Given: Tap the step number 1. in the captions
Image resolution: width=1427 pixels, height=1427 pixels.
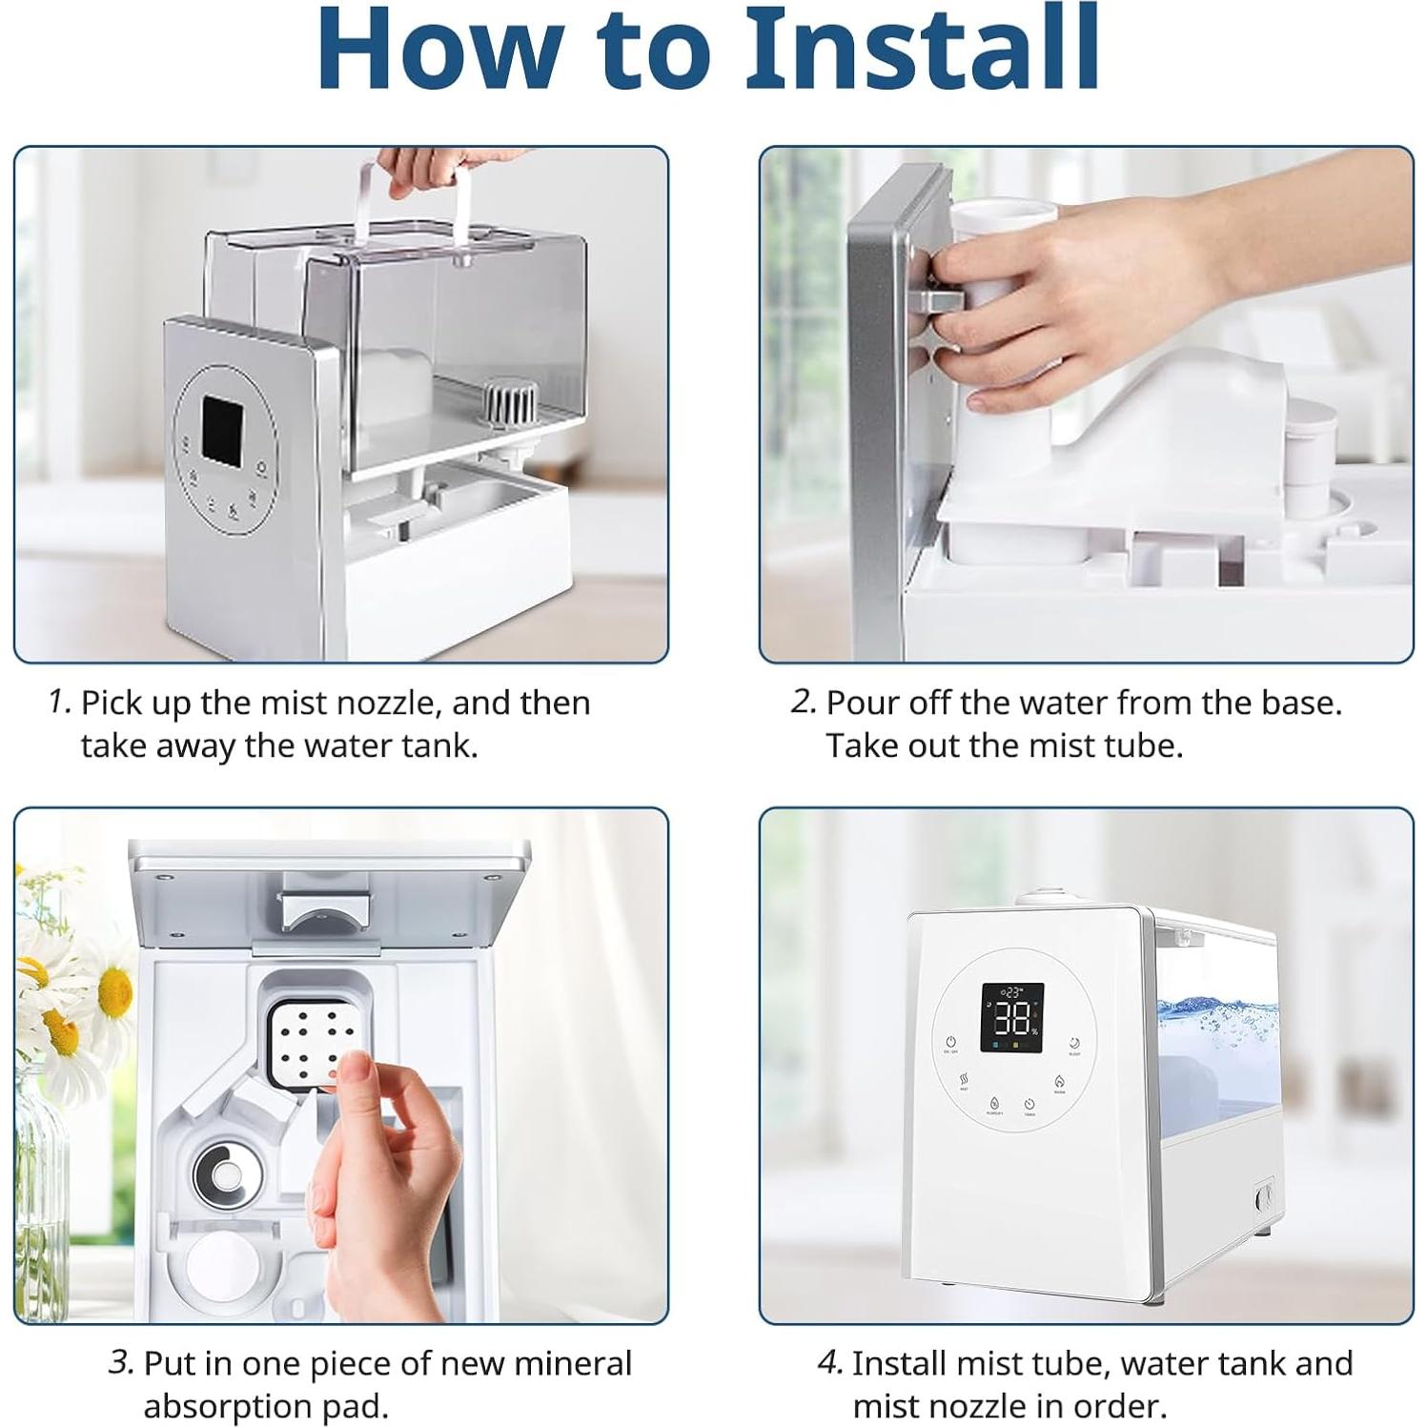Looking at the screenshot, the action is point(60,702).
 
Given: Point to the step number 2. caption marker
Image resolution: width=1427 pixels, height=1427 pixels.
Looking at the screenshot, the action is point(804,702).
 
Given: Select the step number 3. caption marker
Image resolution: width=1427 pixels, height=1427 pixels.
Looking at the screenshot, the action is point(121,1362).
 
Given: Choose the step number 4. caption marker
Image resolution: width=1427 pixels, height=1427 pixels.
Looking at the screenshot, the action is point(830,1362).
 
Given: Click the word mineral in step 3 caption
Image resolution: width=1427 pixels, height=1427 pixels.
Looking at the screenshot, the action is point(573,1363).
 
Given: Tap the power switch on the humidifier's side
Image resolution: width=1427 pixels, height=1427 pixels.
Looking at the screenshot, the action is point(1264,1198).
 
